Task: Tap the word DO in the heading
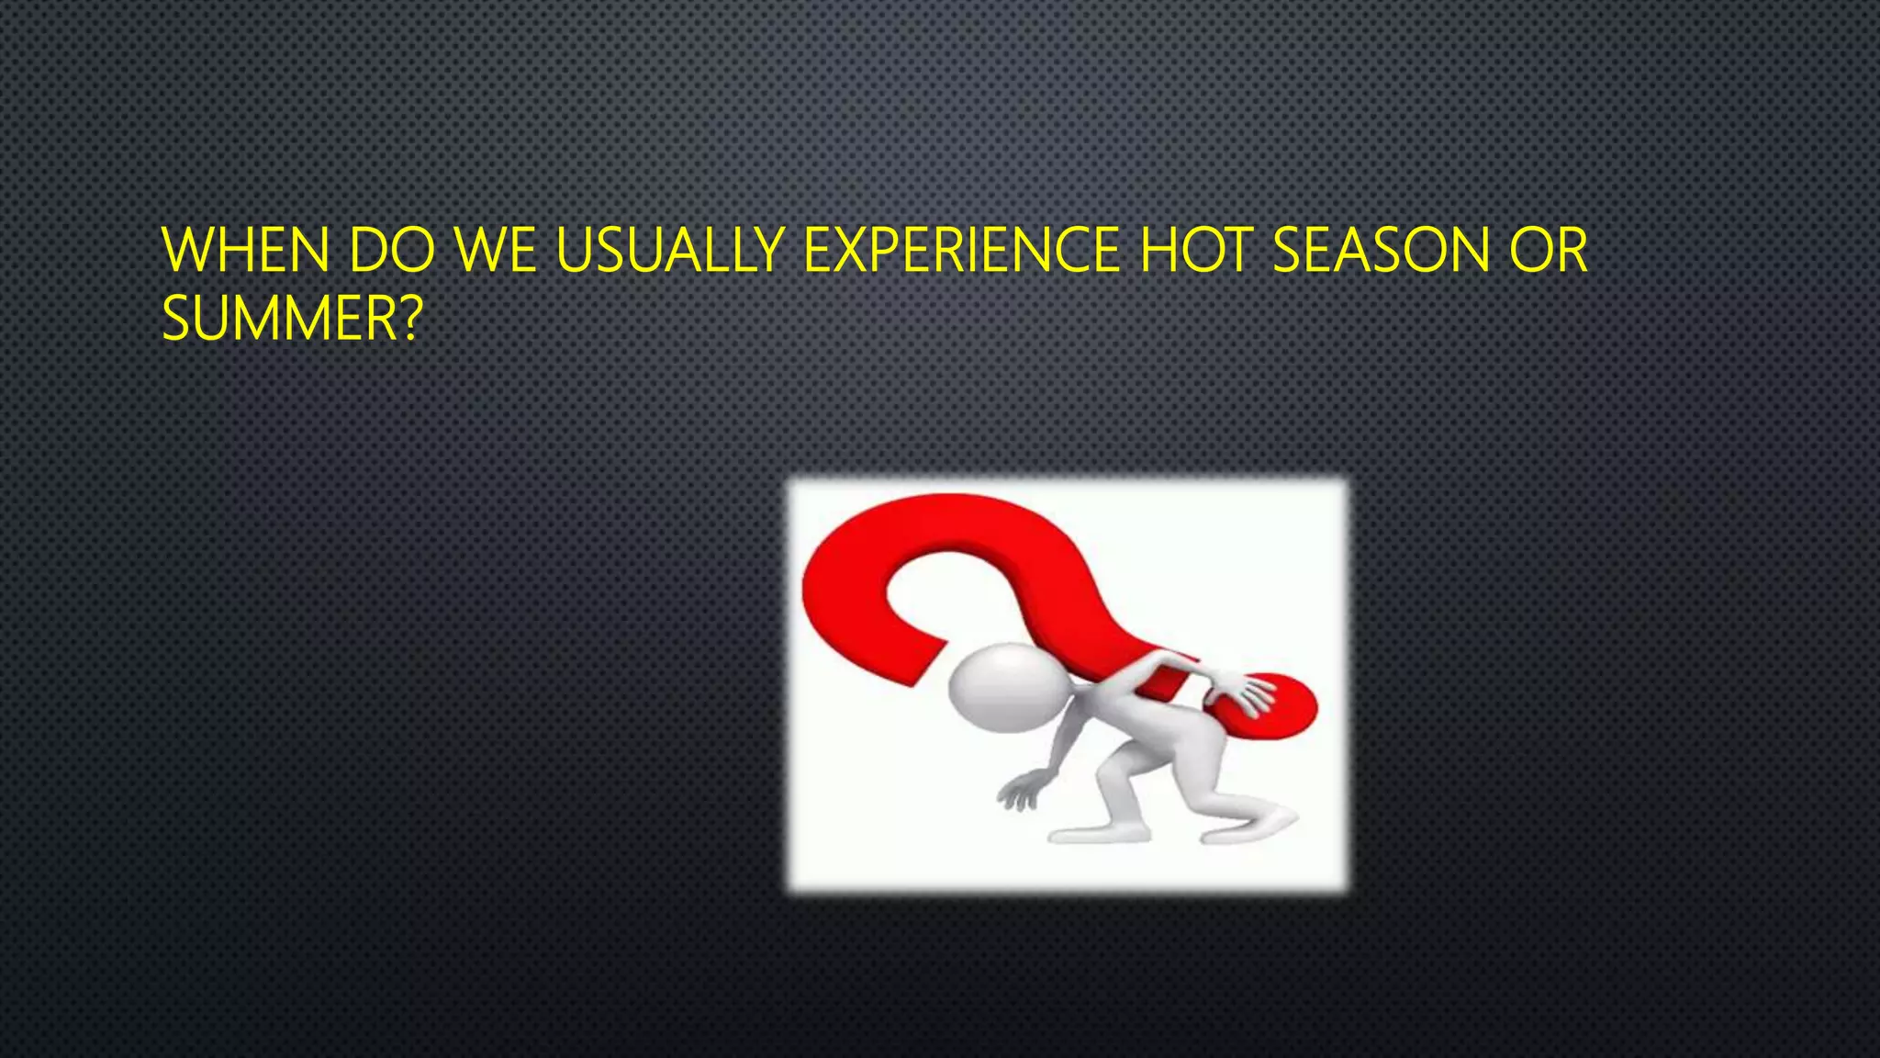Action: tap(392, 250)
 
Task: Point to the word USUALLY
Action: tap(670, 250)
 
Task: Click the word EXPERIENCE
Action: tap(961, 250)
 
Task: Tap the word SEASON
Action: tap(1382, 250)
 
